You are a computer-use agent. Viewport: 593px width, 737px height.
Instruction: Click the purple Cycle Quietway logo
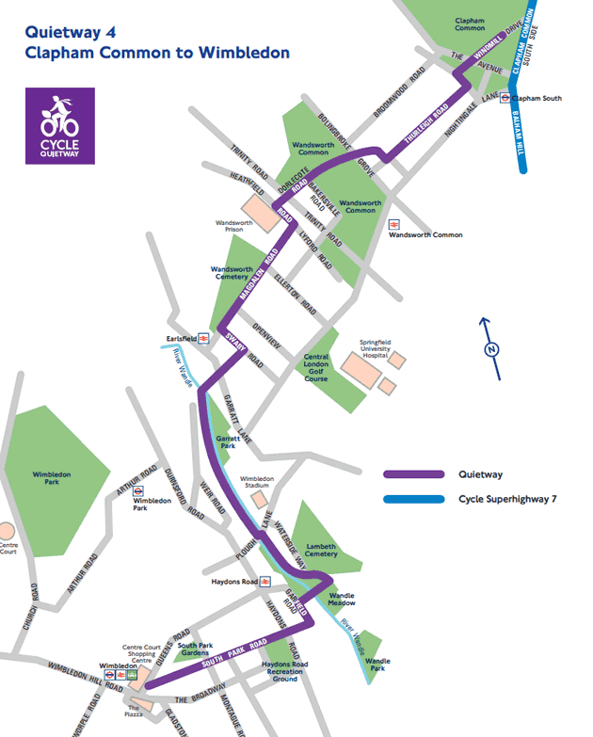click(x=60, y=126)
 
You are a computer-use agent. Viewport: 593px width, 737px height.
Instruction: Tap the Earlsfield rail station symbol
click(x=208, y=338)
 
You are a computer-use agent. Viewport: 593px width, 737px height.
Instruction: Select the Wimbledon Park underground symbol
click(x=137, y=490)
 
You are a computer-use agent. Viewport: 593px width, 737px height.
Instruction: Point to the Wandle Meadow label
click(x=342, y=601)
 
